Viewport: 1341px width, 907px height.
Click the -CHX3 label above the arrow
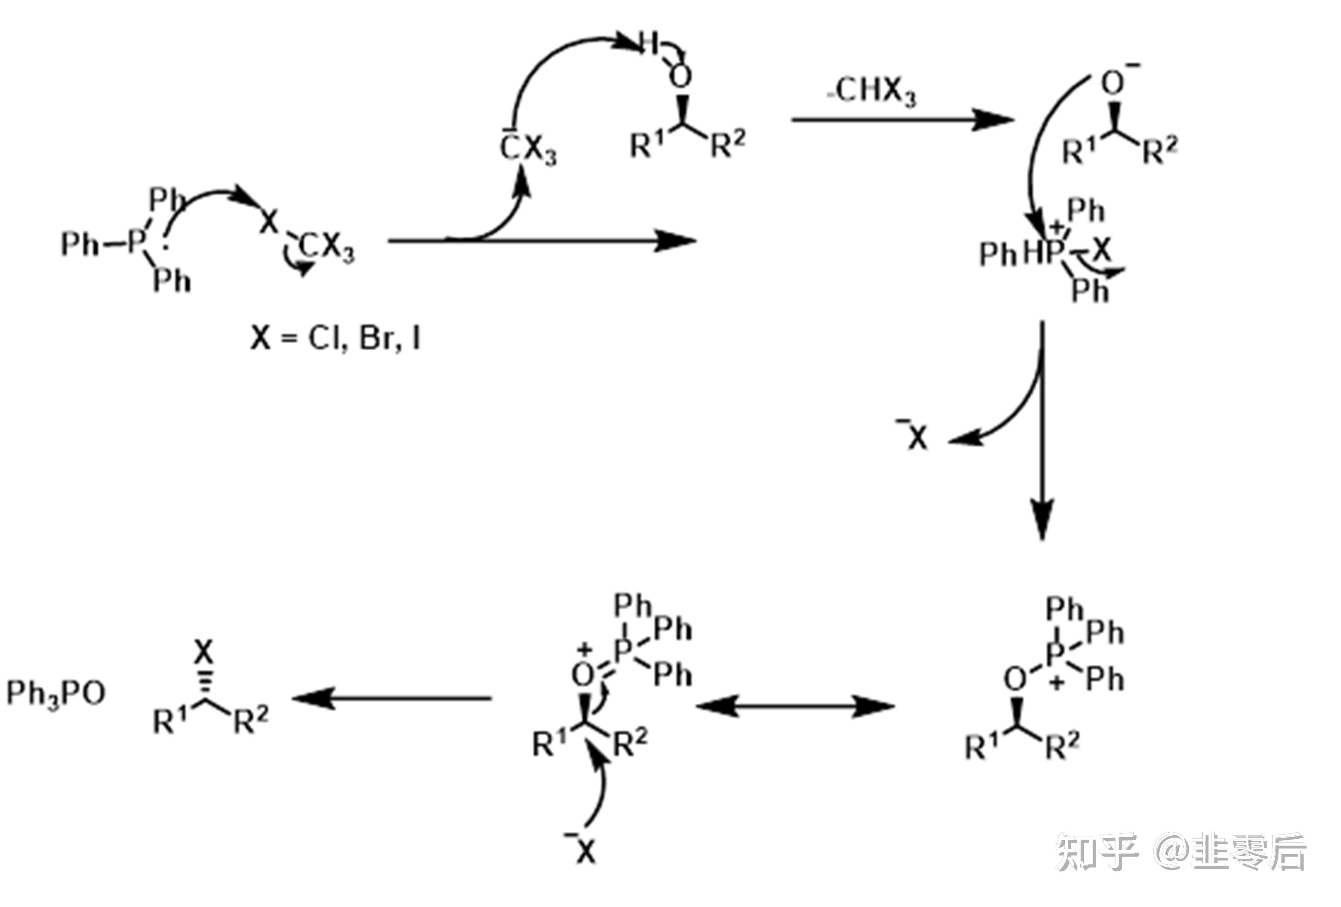872,91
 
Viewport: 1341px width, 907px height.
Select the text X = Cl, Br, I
335,339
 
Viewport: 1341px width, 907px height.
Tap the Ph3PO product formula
56,693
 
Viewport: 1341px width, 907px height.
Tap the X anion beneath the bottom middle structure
584,850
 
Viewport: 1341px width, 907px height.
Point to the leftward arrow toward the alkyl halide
392,699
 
